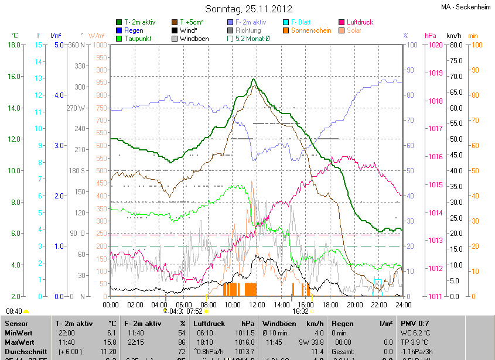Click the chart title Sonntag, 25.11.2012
pyautogui.click(x=247, y=9)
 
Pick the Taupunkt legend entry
pyautogui.click(x=138, y=39)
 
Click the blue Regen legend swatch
pyautogui.click(x=119, y=30)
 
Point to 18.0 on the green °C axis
pyautogui.click(x=15, y=44)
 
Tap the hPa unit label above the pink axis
pyautogui.click(x=431, y=35)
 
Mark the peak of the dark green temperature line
pyautogui.click(x=253, y=79)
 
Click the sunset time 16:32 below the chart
pyautogui.click(x=301, y=311)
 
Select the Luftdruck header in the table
pyautogui.click(x=208, y=323)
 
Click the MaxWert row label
pyautogui.click(x=19, y=341)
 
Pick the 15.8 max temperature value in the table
pyautogui.click(x=110, y=341)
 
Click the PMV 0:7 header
pyautogui.click(x=414, y=323)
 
